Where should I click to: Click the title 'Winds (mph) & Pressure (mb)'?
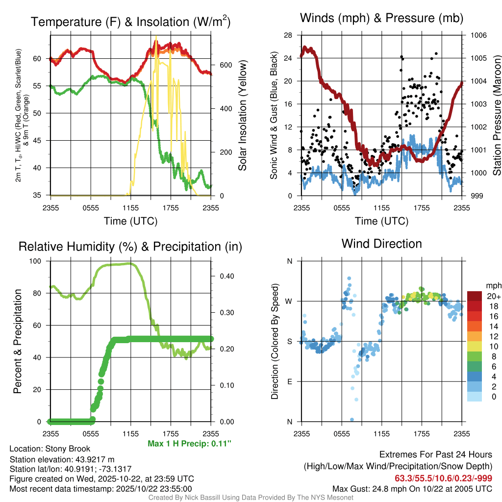(x=382, y=18)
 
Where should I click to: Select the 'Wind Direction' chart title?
(x=382, y=244)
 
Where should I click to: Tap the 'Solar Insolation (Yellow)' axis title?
(x=242, y=115)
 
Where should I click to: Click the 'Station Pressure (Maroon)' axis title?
(x=497, y=115)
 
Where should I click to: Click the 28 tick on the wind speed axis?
(x=288, y=35)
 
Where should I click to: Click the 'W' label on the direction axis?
(x=289, y=301)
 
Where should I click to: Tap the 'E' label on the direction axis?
(x=290, y=381)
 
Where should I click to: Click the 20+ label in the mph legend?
(x=493, y=296)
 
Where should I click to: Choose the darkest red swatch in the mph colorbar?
(x=475, y=296)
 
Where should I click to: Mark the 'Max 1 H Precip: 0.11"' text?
(x=189, y=444)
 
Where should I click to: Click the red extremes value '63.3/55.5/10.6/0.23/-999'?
(x=443, y=478)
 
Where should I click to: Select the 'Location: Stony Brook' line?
(x=50, y=449)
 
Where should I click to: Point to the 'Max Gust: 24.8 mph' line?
(x=412, y=488)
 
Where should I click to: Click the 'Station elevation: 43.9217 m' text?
(x=62, y=459)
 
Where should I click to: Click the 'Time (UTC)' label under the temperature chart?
(x=131, y=221)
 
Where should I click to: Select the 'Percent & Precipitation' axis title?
(x=17, y=341)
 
